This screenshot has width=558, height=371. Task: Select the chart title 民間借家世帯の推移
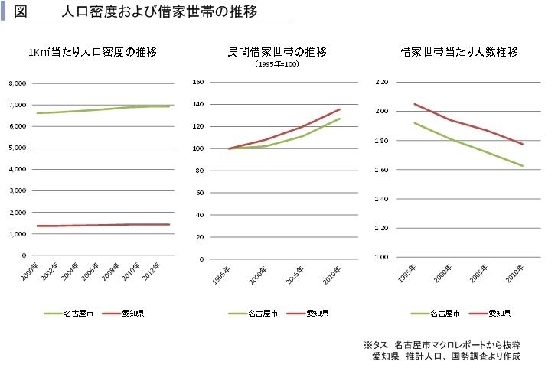[276, 52]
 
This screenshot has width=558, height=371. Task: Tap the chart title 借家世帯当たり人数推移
[459, 52]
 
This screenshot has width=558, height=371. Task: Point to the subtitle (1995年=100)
[276, 64]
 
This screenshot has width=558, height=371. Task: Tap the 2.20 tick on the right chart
[382, 82]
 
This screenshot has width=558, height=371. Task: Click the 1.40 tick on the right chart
[382, 199]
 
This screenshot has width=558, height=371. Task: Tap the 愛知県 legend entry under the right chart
[499, 313]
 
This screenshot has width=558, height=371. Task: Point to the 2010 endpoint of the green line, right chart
[523, 166]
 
